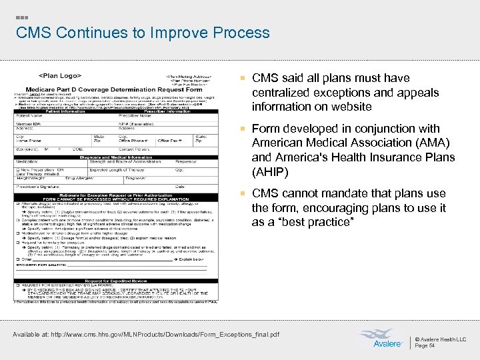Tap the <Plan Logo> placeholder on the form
pyautogui.click(x=60, y=76)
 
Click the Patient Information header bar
pyautogui.click(x=57, y=111)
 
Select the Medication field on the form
pyautogui.click(x=27, y=161)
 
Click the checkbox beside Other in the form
pyautogui.click(x=17, y=258)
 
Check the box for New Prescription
pyautogui.click(x=17, y=169)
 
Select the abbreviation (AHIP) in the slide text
pyautogui.click(x=271, y=171)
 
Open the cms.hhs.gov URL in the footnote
pyautogui.click(x=179, y=334)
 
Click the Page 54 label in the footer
pyautogui.click(x=425, y=346)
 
